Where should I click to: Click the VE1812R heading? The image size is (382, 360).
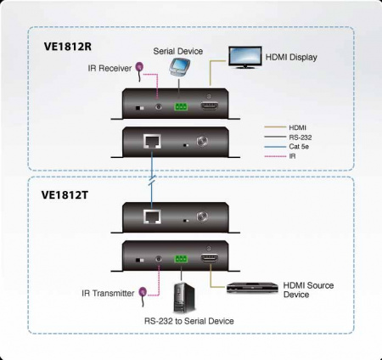point(68,47)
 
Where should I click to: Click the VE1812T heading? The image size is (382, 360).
point(67,194)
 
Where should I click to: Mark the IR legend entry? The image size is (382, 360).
point(292,155)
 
